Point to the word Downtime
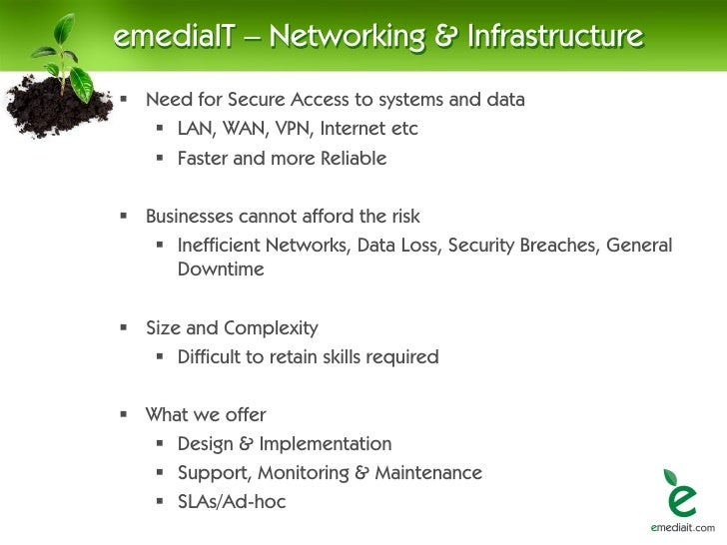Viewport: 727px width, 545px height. click(x=221, y=270)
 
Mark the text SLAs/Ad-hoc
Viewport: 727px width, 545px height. click(x=232, y=502)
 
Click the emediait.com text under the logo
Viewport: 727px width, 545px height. click(x=682, y=528)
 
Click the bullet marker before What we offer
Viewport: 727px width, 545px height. click(x=125, y=414)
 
